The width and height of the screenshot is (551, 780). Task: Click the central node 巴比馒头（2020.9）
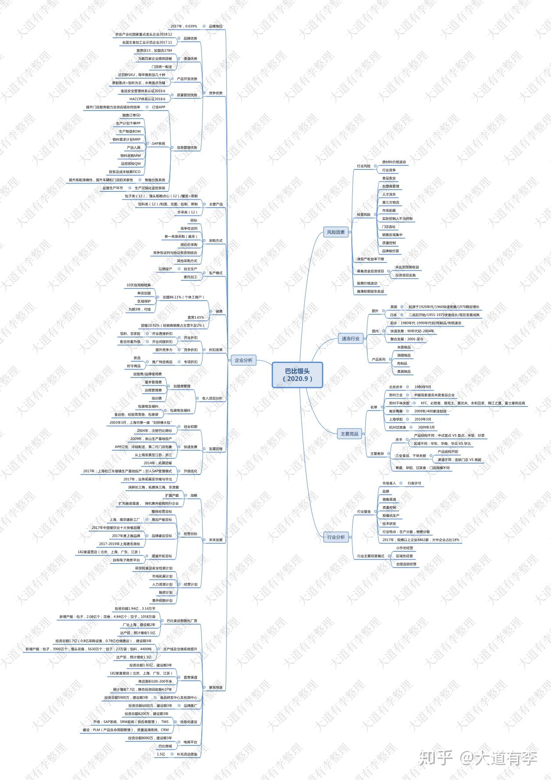coord(297,374)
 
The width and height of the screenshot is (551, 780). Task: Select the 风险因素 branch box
coord(336,232)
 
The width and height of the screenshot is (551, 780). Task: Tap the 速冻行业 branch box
coord(351,338)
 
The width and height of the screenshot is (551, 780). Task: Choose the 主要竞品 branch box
coord(349,434)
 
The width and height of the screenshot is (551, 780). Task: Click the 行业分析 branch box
coord(336,537)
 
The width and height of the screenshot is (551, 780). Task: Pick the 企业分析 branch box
coord(243,360)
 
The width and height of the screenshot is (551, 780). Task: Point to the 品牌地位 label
coord(215,26)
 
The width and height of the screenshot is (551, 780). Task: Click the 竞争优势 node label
coord(215,93)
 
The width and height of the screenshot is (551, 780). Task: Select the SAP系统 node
coord(158,144)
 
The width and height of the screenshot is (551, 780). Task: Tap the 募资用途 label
coord(215,687)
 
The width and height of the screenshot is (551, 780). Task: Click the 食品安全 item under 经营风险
coord(389,178)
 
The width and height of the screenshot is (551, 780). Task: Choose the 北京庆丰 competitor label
coord(396,387)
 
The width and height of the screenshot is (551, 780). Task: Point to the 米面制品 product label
coord(404,347)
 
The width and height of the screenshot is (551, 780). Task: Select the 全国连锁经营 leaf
coord(406,564)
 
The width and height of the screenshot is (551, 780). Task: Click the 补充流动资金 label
coord(187,754)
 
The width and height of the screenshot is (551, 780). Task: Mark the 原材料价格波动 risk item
coord(394,162)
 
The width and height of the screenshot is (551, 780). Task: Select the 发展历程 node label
coord(215,449)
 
